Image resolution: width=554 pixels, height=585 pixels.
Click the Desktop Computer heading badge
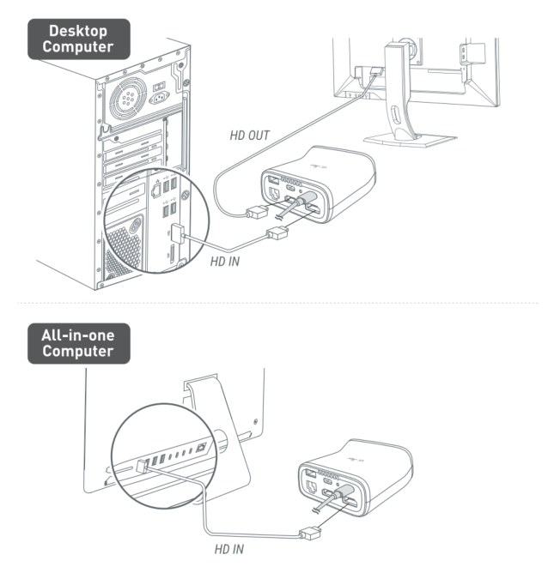point(79,39)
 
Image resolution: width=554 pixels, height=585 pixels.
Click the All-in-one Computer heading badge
point(79,344)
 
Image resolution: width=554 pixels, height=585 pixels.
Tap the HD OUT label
point(249,136)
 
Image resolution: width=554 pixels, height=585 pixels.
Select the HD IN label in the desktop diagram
point(224,262)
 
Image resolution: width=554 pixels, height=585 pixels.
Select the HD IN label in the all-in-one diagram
point(228,549)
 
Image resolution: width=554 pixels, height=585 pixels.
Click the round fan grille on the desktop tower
point(127,98)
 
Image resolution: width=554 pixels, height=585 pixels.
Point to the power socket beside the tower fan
point(159,98)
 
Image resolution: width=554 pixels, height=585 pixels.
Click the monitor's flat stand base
point(410,141)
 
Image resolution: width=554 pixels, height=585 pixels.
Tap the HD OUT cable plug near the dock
point(258,213)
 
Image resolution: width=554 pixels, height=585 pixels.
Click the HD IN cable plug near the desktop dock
point(277,233)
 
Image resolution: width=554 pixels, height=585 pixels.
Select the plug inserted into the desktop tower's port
point(177,233)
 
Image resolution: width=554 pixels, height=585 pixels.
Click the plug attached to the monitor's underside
point(376,71)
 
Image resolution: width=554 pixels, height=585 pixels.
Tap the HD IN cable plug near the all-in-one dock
point(310,534)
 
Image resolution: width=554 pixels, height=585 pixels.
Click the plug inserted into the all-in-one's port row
point(142,467)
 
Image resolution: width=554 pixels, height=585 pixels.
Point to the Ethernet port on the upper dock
point(274,194)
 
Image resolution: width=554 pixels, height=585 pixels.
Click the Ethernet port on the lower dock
point(311,488)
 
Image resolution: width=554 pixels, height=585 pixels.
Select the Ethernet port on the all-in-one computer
point(201,447)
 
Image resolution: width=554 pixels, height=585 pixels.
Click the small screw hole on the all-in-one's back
point(255,422)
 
